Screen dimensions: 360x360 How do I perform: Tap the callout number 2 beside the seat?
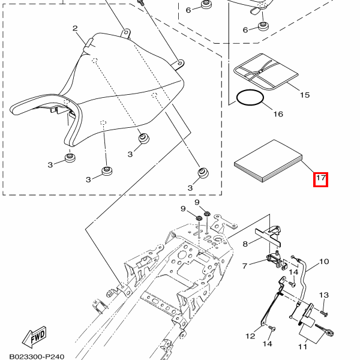coord(75,28)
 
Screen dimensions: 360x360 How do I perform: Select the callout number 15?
coord(305,95)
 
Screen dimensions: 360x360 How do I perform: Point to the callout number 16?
coord(278,114)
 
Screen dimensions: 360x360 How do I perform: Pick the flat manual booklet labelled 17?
coord(268,161)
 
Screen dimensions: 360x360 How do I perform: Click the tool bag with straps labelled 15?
coord(266,72)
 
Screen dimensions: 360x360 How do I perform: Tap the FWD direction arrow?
coord(34,337)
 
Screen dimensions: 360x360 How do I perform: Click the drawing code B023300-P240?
coord(37,356)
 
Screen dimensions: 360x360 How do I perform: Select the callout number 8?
coord(245,244)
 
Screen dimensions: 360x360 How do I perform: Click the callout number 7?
coord(245,266)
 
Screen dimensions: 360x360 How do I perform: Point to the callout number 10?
coord(324,262)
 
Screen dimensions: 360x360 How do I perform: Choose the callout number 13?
coord(324,295)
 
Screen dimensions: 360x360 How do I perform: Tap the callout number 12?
coord(250,336)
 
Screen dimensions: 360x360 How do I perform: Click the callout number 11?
coord(302,346)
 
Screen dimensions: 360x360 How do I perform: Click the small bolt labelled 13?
coord(324,313)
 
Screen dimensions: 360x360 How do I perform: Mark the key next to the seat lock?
coord(325,329)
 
